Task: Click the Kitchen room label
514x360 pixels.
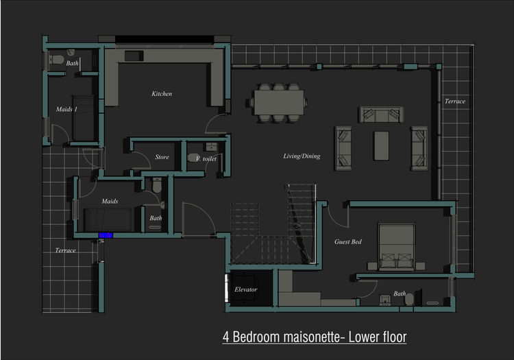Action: [x=162, y=94]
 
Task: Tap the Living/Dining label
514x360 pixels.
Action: [x=302, y=156]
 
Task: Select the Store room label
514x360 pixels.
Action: [x=162, y=157]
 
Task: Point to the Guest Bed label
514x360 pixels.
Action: [x=347, y=241]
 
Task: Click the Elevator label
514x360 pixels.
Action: [x=245, y=289]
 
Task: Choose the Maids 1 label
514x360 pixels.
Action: [x=66, y=109]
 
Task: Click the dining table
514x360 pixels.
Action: [x=279, y=102]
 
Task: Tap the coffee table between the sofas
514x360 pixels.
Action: [x=381, y=145]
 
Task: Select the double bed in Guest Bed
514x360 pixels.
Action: [x=396, y=247]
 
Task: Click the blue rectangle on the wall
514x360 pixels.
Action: [x=106, y=235]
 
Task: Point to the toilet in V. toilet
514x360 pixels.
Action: [x=193, y=158]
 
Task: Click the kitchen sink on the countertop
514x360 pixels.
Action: [x=134, y=56]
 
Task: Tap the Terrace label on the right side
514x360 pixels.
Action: [x=454, y=101]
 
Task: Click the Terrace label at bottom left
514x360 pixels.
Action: [x=65, y=250]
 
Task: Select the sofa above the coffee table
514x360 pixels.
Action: [x=381, y=115]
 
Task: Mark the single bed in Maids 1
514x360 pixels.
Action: [x=83, y=118]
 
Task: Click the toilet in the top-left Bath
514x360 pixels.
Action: [x=56, y=60]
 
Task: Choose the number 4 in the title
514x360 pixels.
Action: [x=226, y=337]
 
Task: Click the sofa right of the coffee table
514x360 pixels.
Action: [x=419, y=148]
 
